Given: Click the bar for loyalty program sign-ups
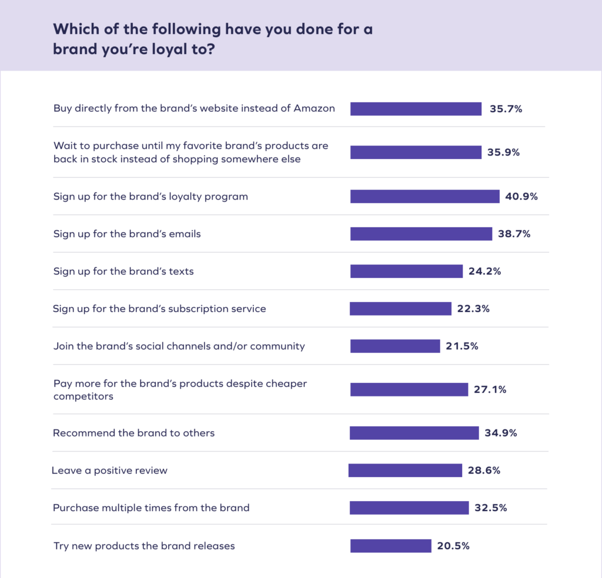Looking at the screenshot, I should coord(424,196).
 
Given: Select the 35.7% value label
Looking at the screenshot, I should coord(506,109).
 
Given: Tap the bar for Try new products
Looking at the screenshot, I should coord(391,546).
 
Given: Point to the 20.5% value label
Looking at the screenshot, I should coord(453,546).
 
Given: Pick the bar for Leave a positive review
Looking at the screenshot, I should coord(405,471).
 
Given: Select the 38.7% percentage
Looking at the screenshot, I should coord(514,234).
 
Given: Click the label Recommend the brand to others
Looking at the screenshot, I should coord(133,433).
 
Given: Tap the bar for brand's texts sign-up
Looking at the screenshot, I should coord(406,271).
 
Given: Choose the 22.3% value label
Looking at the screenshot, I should coord(473,308).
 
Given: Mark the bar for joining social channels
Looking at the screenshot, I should coord(395,346).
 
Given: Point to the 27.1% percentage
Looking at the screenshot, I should coord(490,389).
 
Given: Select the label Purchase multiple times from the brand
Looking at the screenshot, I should coord(151,508).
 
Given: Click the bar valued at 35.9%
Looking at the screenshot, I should coord(416,152).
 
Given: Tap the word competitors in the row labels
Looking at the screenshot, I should coord(83,396).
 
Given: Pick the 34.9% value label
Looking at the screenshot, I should coord(501,433).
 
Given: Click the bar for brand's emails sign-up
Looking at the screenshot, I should coord(421,234).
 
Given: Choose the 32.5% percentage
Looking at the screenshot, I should coord(490,508).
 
